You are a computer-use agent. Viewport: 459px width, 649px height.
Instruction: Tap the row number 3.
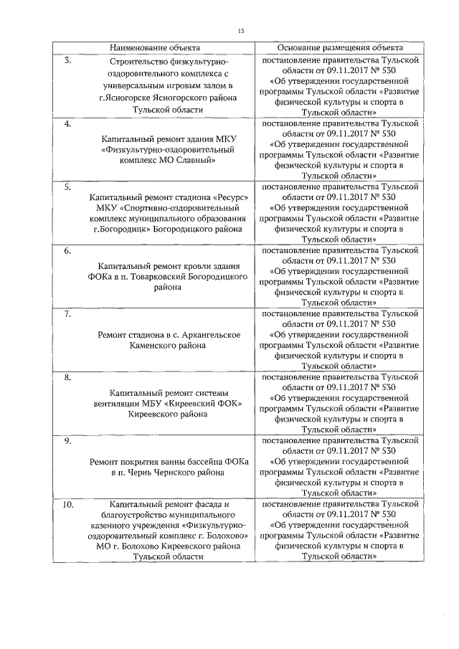pos(67,60)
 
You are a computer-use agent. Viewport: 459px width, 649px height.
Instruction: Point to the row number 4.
pos(67,124)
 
